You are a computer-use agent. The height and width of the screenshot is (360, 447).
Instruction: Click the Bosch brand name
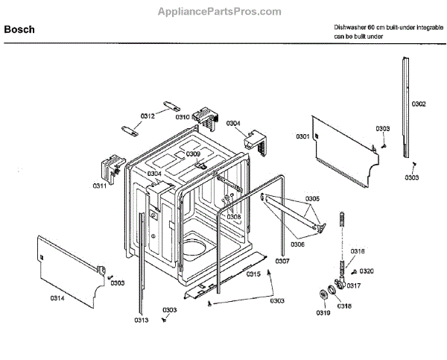click(20, 30)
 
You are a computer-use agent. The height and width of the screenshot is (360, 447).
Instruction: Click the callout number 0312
click(148, 116)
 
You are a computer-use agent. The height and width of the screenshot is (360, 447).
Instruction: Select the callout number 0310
click(182, 116)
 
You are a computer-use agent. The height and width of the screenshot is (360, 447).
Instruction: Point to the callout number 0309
click(193, 154)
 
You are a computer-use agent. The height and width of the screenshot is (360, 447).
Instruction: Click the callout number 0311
click(100, 185)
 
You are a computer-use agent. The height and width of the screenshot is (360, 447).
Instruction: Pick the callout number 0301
click(302, 136)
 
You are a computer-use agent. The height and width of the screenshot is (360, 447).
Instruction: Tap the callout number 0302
click(419, 104)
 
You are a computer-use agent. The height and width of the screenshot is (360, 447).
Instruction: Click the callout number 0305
click(312, 199)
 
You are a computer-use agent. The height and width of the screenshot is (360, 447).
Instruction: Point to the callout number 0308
click(234, 217)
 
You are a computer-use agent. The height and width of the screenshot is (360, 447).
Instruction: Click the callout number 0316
click(358, 250)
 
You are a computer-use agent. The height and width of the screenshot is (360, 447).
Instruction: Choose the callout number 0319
click(323, 312)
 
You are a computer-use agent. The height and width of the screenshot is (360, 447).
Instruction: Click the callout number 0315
click(254, 274)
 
